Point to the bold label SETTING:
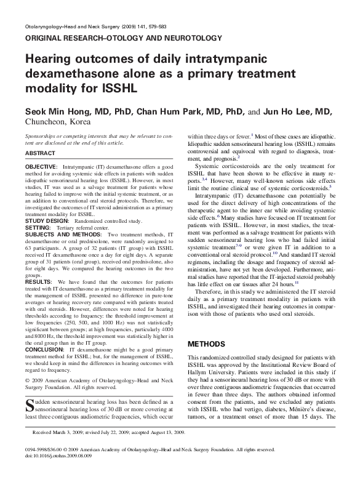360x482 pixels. click(x=38, y=227)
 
